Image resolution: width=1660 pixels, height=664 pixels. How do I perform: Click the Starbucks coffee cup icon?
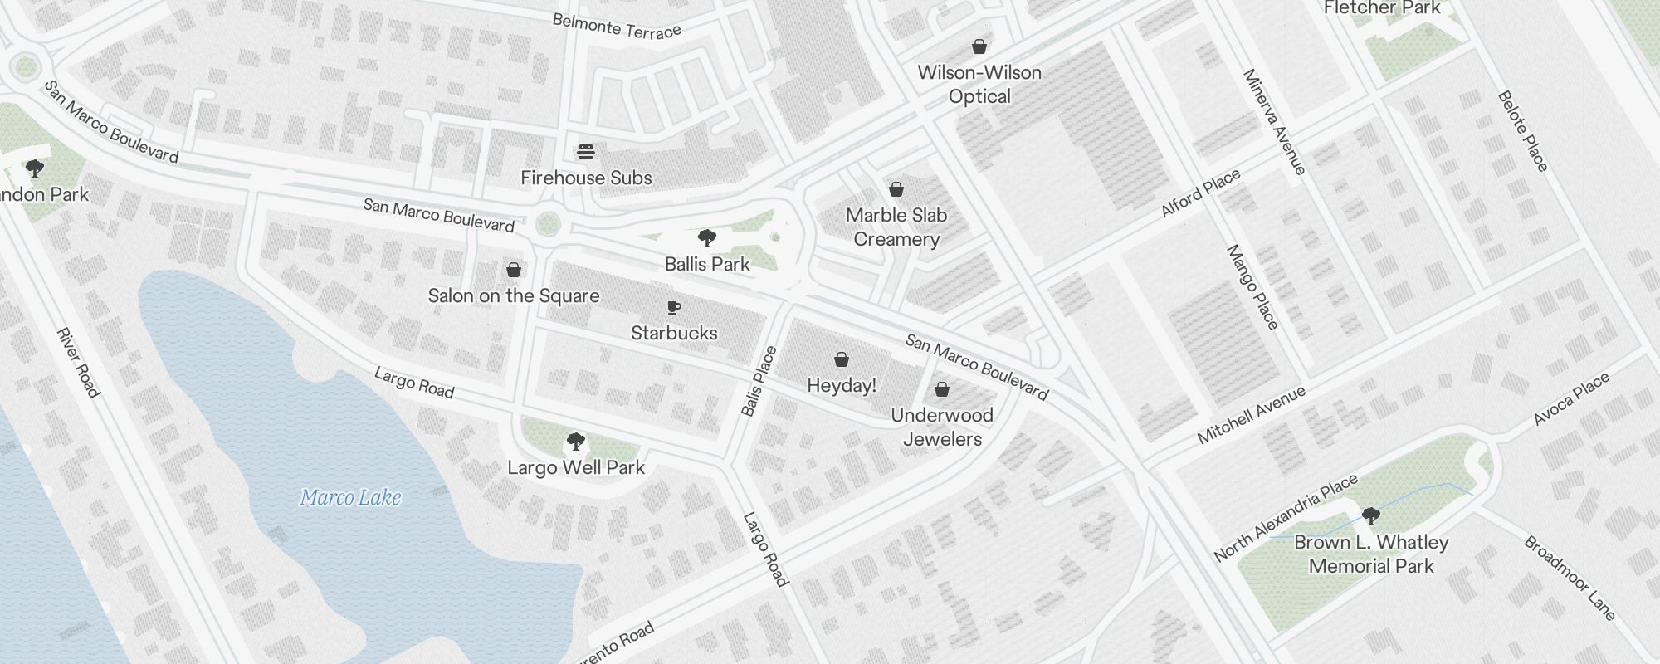674,308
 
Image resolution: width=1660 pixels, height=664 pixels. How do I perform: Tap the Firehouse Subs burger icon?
586,152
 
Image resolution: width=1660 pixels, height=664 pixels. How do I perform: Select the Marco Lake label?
350,498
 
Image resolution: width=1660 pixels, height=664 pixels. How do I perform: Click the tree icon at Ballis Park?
707,239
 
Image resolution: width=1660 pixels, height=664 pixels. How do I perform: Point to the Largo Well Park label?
576,468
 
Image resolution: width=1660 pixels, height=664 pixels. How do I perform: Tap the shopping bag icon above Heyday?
842,359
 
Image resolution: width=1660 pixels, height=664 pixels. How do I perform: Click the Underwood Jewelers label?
942,427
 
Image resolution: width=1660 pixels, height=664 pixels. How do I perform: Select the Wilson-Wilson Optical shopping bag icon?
979,46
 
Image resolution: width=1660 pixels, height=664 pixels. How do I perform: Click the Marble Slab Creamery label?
896,227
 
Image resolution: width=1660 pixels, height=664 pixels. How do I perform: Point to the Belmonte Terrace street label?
617,26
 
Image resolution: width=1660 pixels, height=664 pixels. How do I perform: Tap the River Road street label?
78,363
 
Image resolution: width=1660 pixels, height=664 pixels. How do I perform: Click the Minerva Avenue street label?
1275,121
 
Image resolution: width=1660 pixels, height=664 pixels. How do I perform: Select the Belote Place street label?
1523,131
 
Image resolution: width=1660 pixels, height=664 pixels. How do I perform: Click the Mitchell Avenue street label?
1252,415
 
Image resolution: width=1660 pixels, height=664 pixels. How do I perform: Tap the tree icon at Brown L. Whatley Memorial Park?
1371,516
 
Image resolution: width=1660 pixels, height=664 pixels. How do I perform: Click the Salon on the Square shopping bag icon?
514,270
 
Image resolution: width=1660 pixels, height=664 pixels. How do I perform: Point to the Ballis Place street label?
759,381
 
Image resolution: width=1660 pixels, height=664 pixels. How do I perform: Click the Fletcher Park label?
1382,8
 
